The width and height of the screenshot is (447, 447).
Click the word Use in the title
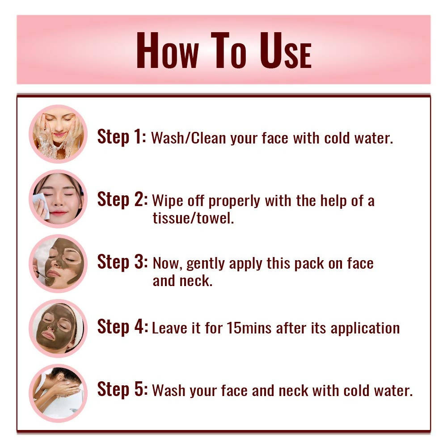tap(286, 51)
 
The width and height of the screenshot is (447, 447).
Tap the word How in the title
tap(167, 51)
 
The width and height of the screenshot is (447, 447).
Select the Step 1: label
tap(122, 137)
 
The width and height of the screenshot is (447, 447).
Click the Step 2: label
tap(122, 199)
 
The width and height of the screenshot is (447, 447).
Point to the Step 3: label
tap(122, 262)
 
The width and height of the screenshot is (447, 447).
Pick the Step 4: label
tap(122, 327)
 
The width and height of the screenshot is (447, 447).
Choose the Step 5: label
tap(122, 389)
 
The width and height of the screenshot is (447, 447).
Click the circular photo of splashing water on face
tap(58, 134)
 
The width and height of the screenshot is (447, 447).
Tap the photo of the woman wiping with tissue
tap(58, 199)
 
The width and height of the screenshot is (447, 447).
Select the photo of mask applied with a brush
tap(58, 263)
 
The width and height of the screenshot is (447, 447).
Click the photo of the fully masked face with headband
tap(58, 328)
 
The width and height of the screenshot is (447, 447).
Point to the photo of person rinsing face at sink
tap(58, 393)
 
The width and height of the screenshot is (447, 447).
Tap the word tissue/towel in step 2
tap(193, 219)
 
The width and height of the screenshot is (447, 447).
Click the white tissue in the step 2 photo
tap(41, 204)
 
